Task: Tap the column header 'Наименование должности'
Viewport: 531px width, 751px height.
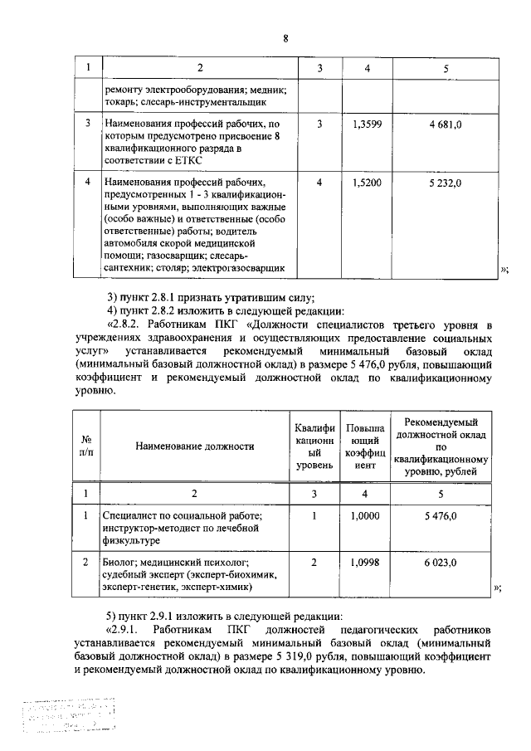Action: (x=195, y=446)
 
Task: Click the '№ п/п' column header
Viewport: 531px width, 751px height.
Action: (x=85, y=446)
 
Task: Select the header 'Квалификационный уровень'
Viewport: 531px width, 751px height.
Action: (x=314, y=446)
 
